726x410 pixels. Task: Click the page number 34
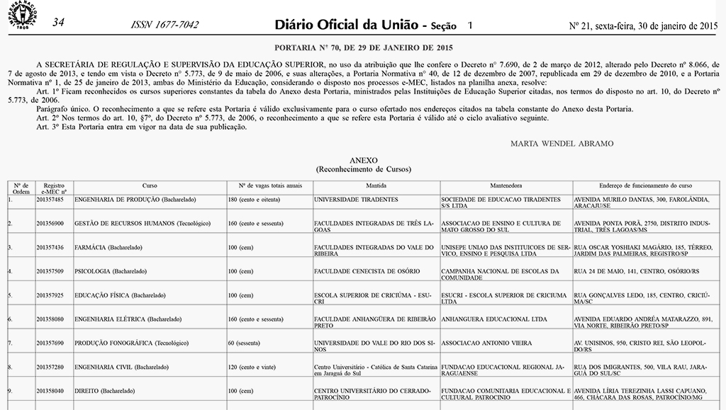pos(59,23)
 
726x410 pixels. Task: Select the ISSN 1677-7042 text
pos(165,25)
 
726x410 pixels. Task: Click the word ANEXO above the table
pos(363,161)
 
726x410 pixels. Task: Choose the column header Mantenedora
pos(506,186)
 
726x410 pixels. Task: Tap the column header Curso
pos(150,186)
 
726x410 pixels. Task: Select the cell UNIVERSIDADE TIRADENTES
pos(356,200)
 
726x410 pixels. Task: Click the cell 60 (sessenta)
pos(245,343)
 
